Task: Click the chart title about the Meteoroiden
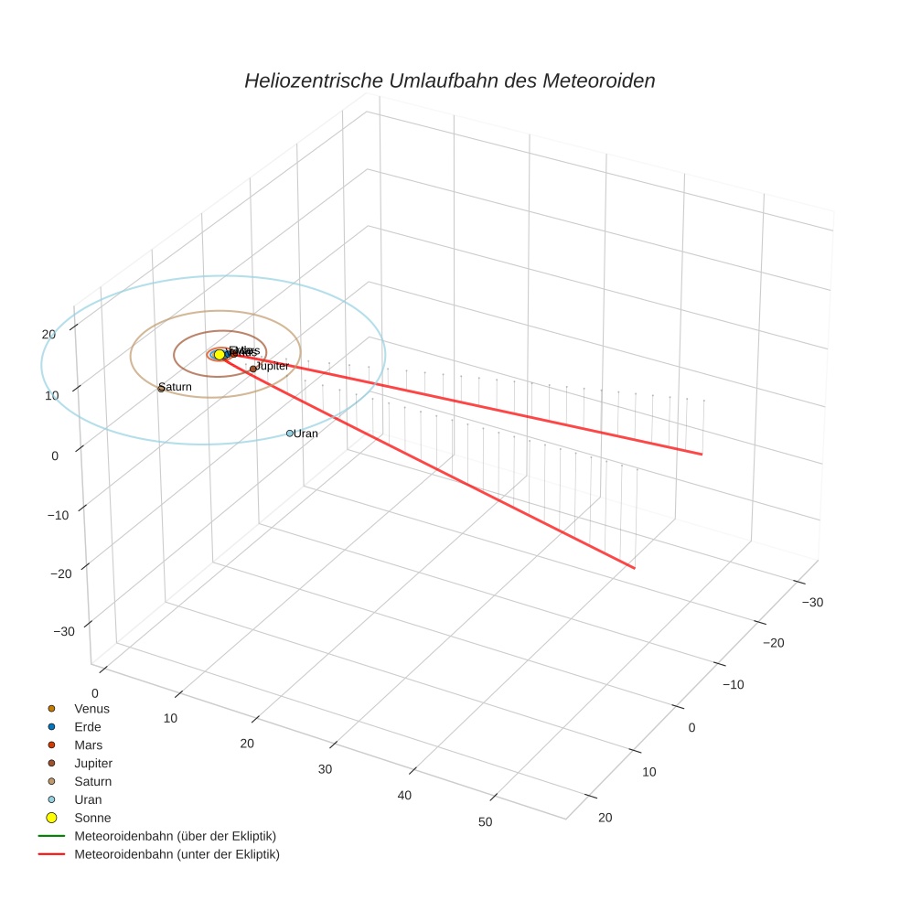coord(449,80)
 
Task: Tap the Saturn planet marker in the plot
coord(161,389)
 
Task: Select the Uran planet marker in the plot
coord(289,433)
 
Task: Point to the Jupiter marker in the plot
coord(253,369)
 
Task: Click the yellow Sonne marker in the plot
coord(220,355)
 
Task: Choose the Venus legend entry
coord(91,708)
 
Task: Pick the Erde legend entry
coord(87,726)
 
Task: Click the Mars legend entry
coord(88,745)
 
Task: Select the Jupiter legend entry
coord(93,763)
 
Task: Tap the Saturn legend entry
coord(92,781)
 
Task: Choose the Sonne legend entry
coord(91,818)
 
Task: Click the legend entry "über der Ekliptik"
coord(175,836)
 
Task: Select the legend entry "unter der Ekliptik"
coord(177,854)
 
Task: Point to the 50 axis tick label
coord(485,821)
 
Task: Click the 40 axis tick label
coord(404,795)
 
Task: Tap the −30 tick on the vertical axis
coord(64,632)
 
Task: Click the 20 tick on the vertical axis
coord(48,334)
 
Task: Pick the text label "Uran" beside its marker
coord(306,434)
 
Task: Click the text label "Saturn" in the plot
coord(177,388)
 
